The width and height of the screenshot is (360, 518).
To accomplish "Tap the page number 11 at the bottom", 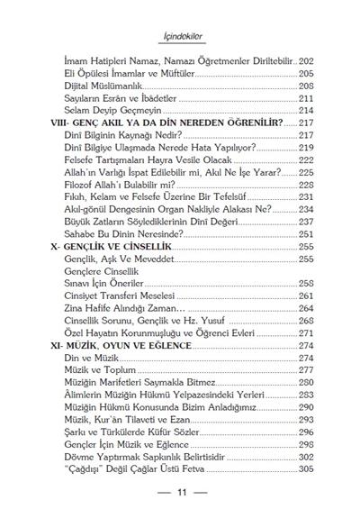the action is click(x=181, y=494).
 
